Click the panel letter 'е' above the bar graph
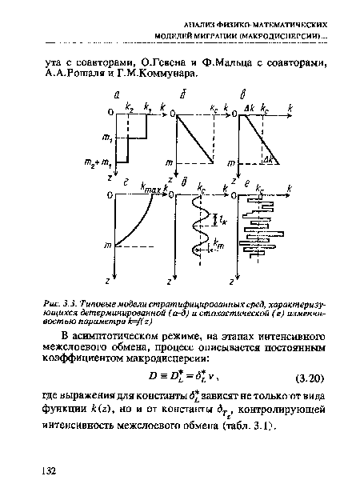pyautogui.click(x=247, y=183)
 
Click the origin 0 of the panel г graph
pyautogui.click(x=110, y=194)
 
